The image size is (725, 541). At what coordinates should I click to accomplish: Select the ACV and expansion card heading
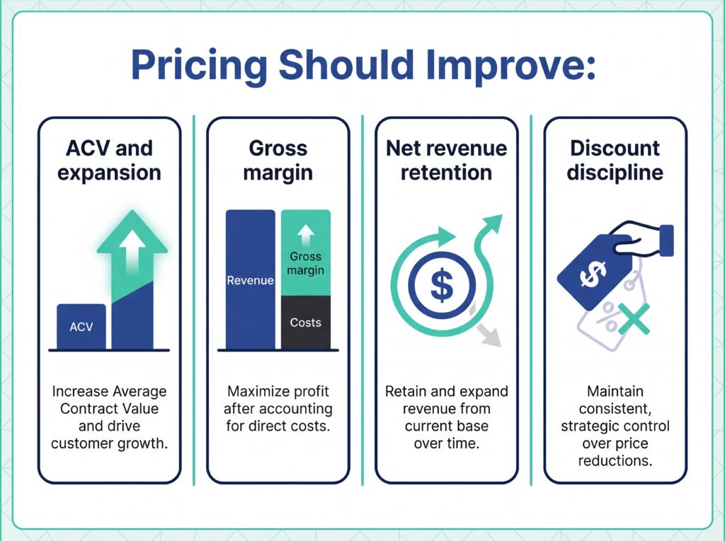point(109,161)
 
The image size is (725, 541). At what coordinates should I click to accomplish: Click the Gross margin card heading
point(278,161)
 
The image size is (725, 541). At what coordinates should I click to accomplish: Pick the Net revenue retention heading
point(446,161)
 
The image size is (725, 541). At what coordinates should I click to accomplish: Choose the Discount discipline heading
point(615,161)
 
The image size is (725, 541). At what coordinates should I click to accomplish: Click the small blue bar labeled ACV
point(81,327)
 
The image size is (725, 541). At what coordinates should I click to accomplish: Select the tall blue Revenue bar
point(250,280)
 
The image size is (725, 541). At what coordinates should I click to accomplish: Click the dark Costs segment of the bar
point(305,322)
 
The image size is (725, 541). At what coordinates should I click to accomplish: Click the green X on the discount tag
point(634,319)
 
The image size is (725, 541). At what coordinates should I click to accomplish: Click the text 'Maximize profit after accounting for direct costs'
point(278,409)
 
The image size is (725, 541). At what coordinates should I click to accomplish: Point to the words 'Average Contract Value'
point(109,400)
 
